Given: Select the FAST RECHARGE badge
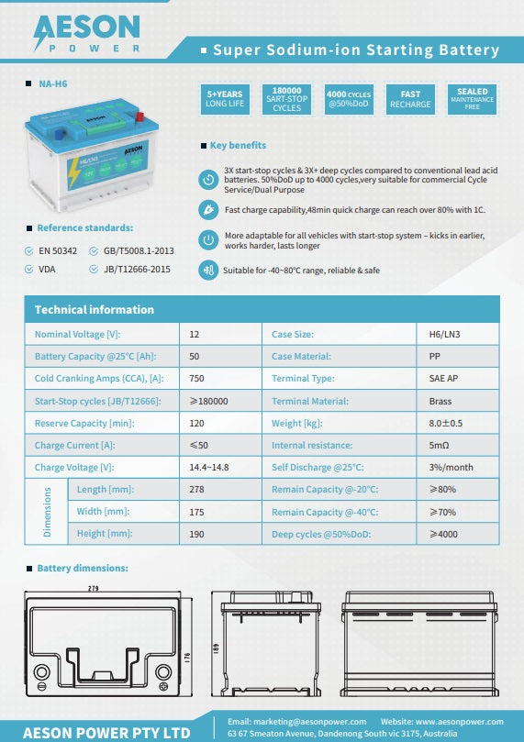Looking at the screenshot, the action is pos(410,99).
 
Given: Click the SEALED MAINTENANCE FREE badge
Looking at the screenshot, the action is pos(473,99).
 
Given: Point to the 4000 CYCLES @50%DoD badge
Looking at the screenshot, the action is pos(348,99).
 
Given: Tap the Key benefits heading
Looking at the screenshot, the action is pos(238,145).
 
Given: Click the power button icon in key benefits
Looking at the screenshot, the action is pos(208,240).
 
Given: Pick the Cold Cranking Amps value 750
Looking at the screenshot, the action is pos(197,379).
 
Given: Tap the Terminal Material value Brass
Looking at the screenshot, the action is pos(440,401).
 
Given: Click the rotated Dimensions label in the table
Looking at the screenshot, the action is pos(48,511).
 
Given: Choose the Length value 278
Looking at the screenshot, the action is pos(197,490).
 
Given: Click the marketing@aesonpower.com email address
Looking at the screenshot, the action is pos(296,721).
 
